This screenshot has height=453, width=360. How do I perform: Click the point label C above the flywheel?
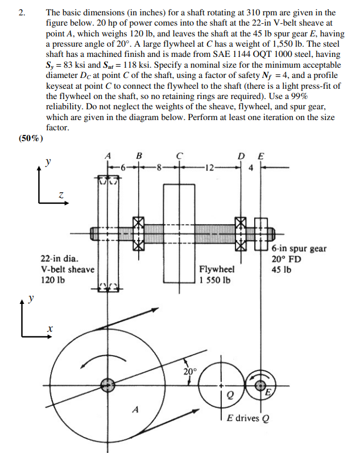179,155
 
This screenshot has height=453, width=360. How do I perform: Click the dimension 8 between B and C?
160,167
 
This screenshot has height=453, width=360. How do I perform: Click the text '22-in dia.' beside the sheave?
60,260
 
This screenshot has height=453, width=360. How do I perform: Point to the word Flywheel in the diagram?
216,270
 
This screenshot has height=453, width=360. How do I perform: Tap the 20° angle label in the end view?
190,371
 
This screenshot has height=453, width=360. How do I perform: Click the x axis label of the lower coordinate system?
50,330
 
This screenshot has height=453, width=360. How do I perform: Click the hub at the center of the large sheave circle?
106,385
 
